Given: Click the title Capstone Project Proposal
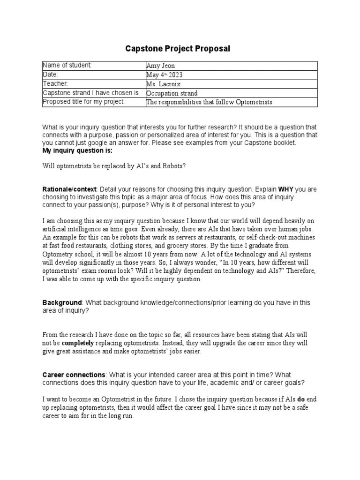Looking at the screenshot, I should click(x=178, y=49).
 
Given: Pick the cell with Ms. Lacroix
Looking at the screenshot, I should click(x=163, y=84).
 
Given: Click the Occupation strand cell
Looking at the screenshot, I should click(x=172, y=93).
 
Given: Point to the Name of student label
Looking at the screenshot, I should click(x=67, y=65).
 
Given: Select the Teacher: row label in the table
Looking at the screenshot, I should click(x=55, y=83).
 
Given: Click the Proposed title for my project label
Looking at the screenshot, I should click(x=84, y=102).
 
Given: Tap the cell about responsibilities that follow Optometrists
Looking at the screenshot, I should click(x=209, y=102).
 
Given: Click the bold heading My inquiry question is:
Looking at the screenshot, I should click(x=77, y=151).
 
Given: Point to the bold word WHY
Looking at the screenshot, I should click(x=286, y=189).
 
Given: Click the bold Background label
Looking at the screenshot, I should click(x=62, y=303).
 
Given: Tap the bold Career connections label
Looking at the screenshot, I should click(x=74, y=375).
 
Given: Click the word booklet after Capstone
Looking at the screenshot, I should click(x=285, y=143).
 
